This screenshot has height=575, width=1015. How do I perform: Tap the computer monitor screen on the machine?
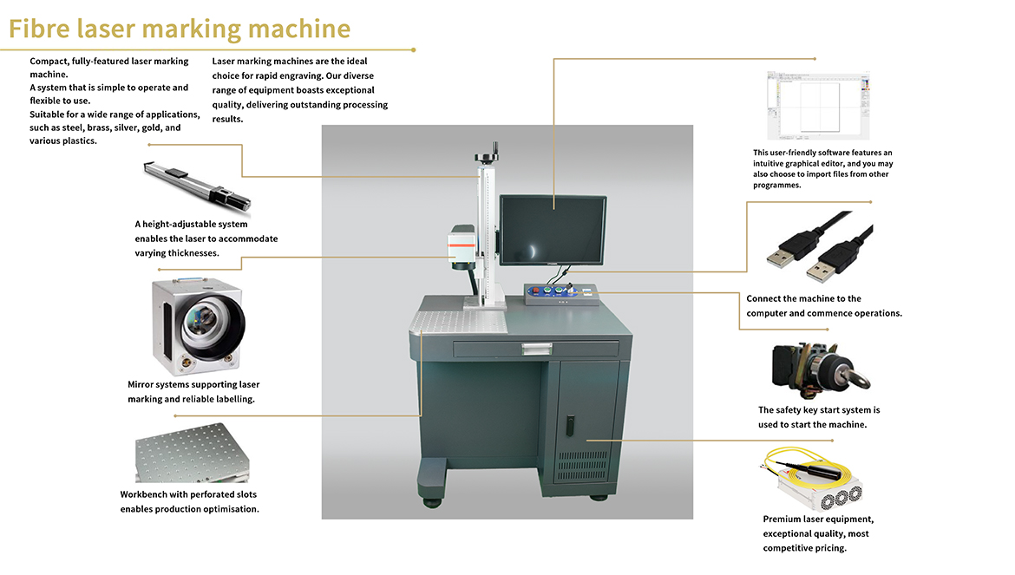click(x=553, y=230)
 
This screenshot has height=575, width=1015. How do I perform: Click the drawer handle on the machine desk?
click(x=537, y=350)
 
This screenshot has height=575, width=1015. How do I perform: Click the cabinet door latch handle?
click(x=570, y=425)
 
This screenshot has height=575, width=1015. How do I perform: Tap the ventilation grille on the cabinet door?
click(x=583, y=465)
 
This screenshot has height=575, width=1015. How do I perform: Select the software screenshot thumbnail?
click(x=818, y=106)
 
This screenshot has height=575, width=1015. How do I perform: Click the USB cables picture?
click(x=820, y=247)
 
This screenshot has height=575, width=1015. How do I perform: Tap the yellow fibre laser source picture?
click(x=812, y=479)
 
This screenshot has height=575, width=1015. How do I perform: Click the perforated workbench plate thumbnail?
click(x=192, y=453)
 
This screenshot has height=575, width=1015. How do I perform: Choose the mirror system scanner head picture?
click(x=198, y=327)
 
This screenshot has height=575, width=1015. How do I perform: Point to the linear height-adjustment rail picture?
click(x=197, y=186)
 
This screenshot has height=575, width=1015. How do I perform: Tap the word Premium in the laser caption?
click(x=782, y=519)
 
